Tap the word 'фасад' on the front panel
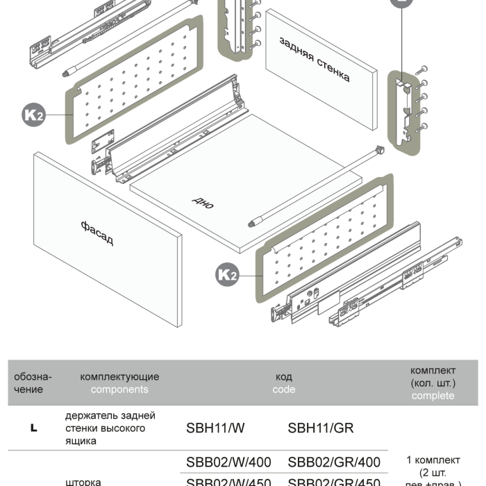point(97,233)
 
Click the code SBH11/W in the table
point(215,428)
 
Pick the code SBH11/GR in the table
point(321,428)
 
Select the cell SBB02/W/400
point(228,462)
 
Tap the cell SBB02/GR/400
point(334,462)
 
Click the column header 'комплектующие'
point(119,377)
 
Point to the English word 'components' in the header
point(119,389)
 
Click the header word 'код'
point(284,377)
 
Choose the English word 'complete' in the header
point(433,396)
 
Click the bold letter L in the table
point(33,428)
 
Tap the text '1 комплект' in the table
point(433,460)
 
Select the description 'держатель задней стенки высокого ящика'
point(110,428)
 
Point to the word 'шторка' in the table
point(83,480)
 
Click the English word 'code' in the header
point(284,389)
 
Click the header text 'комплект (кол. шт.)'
point(433,376)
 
